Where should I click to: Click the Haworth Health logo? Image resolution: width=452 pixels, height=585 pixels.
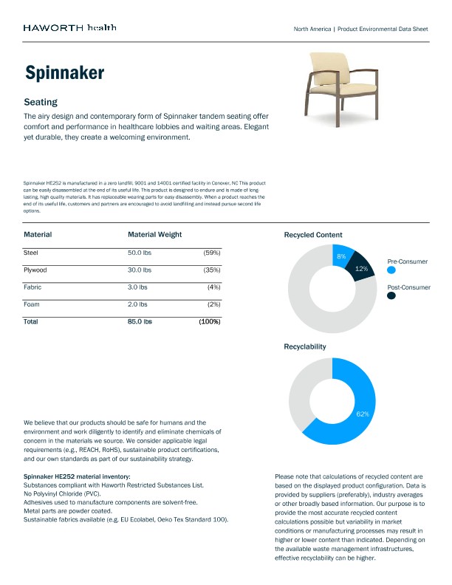tap(69, 28)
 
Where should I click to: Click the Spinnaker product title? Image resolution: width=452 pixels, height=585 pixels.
tap(64, 72)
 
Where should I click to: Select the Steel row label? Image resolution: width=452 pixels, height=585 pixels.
tap(32, 253)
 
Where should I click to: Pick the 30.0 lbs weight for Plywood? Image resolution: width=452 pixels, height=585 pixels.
tap(139, 270)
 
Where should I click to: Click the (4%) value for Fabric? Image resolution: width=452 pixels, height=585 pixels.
tap(213, 287)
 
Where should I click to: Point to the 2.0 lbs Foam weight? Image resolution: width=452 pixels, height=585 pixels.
tap(137, 304)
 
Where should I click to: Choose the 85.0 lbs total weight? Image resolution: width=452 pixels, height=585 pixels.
tap(140, 321)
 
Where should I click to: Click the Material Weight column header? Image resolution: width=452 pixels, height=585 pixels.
tap(154, 234)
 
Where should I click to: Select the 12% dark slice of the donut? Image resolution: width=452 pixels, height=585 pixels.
tap(361, 269)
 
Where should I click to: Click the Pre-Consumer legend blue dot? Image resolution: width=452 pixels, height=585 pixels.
tap(391, 271)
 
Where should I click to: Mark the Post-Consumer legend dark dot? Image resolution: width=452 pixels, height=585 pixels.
tap(391, 295)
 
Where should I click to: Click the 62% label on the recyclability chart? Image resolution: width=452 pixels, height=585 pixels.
tap(362, 414)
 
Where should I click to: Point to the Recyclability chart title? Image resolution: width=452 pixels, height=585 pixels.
tap(304, 346)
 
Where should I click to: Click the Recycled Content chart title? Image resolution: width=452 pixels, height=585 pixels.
tap(312, 235)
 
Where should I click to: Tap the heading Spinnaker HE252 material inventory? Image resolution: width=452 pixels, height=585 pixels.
tap(77, 476)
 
